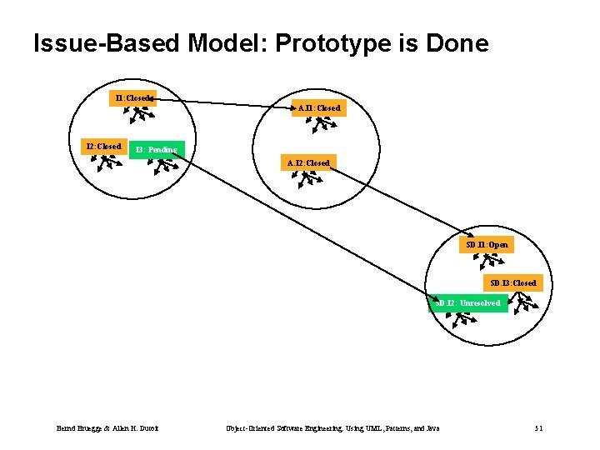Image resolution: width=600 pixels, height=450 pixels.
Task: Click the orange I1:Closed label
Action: pyautogui.click(x=133, y=97)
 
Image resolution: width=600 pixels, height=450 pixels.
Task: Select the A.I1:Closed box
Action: pyautogui.click(x=319, y=107)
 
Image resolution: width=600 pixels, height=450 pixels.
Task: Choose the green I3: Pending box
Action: pyautogui.click(x=157, y=150)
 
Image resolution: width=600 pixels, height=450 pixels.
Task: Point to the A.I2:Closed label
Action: pyautogui.click(x=308, y=162)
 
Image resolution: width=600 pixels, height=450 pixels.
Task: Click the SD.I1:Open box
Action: pyautogui.click(x=487, y=245)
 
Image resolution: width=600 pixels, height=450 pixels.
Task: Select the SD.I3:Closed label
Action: pyautogui.click(x=513, y=282)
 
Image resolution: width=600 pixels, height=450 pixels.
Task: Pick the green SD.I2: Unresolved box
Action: pyautogui.click(x=468, y=303)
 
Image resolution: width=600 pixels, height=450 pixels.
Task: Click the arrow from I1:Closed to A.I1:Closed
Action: pyautogui.click(x=225, y=103)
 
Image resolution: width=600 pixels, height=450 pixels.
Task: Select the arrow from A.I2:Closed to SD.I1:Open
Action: pyautogui.click(x=400, y=202)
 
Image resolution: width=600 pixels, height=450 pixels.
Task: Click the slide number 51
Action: pyautogui.click(x=538, y=428)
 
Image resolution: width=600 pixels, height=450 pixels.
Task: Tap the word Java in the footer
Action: pyautogui.click(x=431, y=428)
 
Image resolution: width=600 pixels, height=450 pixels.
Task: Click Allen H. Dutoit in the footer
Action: pyautogui.click(x=138, y=428)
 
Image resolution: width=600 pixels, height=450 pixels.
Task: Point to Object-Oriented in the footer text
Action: pyautogui.click(x=247, y=428)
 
